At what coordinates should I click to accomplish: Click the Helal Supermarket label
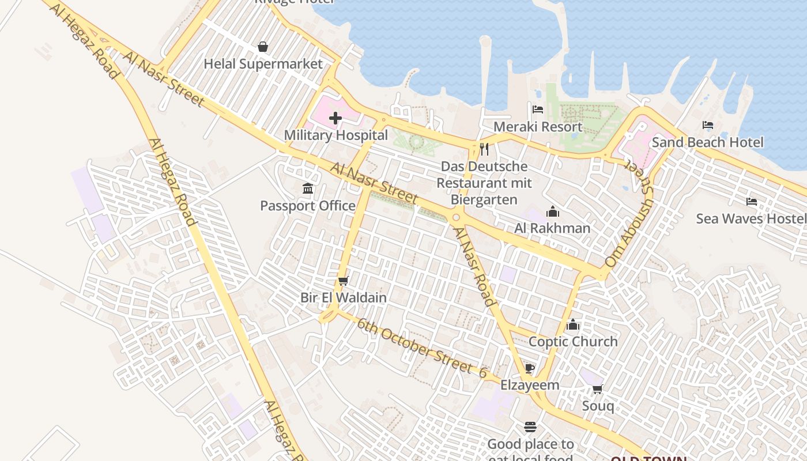point(263,64)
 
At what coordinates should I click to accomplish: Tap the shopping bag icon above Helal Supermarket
point(263,46)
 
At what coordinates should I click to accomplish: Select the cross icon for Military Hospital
point(335,119)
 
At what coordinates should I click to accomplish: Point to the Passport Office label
point(308,206)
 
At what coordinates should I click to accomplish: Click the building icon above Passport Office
point(308,188)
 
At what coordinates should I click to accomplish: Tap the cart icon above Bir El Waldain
point(344,281)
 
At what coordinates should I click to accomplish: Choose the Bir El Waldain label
point(344,298)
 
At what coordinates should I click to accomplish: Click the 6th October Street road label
point(415,344)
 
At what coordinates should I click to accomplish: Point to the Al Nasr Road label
point(474,266)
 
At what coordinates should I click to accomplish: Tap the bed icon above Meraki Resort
point(538,109)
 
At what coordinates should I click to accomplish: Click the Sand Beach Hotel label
point(707,142)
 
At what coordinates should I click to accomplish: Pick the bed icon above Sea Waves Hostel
point(752,201)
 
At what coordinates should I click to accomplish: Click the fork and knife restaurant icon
point(484,149)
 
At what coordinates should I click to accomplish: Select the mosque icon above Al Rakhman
point(553,211)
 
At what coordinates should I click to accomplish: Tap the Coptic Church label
point(573,342)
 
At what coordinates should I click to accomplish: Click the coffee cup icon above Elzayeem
point(530,368)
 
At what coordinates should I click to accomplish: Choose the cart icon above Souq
point(598,389)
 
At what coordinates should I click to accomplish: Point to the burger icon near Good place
point(530,427)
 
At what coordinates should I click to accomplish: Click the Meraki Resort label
point(538,127)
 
